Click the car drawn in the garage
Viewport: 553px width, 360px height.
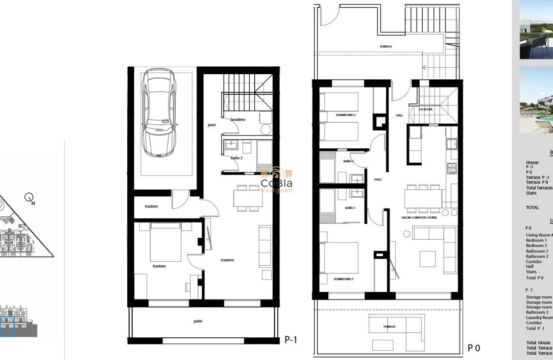coord(159,113)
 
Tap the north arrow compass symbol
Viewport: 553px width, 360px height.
coord(29,198)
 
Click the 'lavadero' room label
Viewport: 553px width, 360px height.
coord(237,120)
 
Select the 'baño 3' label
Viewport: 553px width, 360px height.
coord(236,158)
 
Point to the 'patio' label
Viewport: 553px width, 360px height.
coord(198,321)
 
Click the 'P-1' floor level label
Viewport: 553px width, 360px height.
coord(291,340)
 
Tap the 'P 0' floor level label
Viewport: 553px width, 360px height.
coord(474,348)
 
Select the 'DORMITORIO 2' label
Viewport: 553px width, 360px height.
coord(346,115)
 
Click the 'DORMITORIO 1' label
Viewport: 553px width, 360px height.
coord(343,279)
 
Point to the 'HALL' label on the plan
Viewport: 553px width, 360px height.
coord(399,115)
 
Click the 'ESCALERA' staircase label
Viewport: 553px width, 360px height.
coord(426,109)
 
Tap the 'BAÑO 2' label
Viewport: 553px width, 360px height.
coord(348,161)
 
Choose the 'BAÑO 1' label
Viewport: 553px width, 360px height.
coord(350,208)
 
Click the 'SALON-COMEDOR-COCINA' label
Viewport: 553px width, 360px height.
coord(419,218)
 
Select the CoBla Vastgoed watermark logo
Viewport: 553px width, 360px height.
coord(276,180)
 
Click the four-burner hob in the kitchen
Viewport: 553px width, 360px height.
coord(452,168)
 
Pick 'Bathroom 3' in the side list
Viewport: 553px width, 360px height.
coord(537,312)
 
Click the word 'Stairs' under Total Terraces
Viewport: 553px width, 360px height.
coord(531,193)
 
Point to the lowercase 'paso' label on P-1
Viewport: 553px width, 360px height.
coord(211,125)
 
